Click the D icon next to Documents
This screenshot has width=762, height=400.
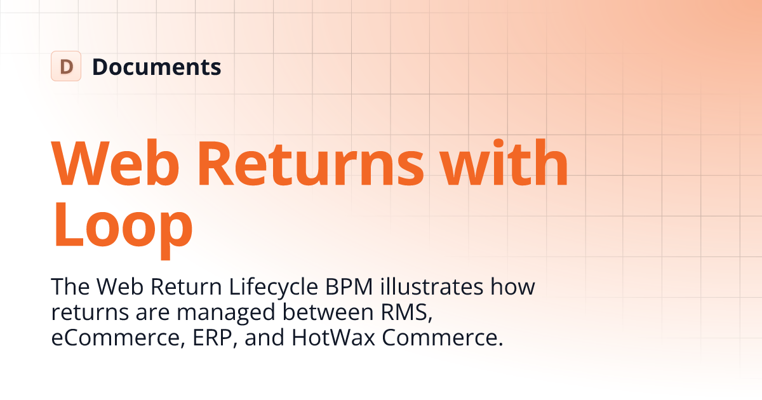(x=66, y=66)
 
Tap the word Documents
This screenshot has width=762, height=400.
(x=157, y=67)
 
